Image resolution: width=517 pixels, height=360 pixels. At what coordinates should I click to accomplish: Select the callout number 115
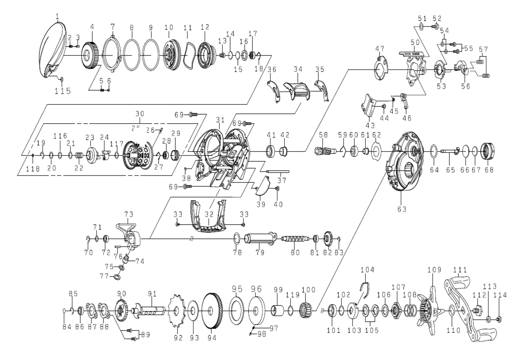62,91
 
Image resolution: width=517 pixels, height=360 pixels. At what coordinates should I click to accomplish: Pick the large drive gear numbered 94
212,310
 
